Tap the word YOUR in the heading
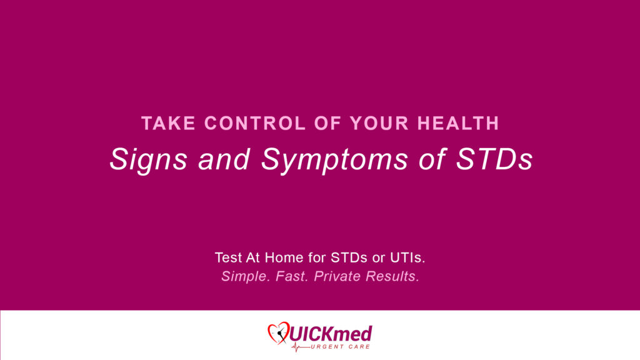coord(379,123)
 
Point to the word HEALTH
coord(458,123)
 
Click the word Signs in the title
coord(148,160)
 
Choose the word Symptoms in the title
coord(334,160)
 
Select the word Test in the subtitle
coord(228,257)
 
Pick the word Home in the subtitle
coord(284,257)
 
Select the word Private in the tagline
coord(337,276)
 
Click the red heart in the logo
coord(279,332)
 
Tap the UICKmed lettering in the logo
coord(331,334)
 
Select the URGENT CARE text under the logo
coord(341,347)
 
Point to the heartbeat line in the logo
coord(301,347)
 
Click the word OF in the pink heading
coord(327,123)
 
